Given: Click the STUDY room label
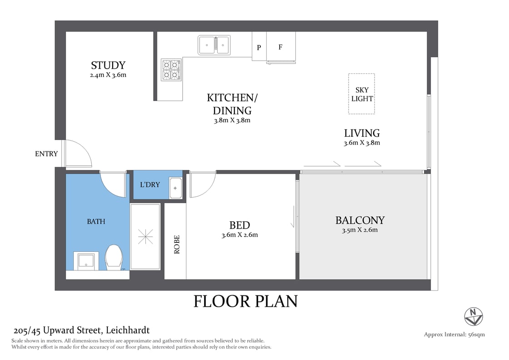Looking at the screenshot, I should click(x=108, y=65).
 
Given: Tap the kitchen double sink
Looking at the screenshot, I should click(x=214, y=45).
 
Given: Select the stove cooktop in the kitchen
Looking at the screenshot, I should click(x=171, y=70).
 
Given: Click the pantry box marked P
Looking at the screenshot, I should click(x=259, y=46).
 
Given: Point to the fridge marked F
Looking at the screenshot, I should click(x=280, y=46).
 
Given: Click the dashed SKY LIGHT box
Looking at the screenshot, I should click(x=362, y=94).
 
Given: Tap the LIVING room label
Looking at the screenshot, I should click(x=362, y=133).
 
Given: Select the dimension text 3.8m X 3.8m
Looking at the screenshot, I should click(x=232, y=120).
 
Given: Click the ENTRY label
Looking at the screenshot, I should click(x=46, y=154).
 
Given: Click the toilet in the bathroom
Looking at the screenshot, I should click(x=113, y=257).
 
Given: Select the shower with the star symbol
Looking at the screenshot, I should click(x=145, y=236).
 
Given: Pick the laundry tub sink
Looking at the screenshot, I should click(x=175, y=188).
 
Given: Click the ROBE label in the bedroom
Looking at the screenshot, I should click(x=176, y=244).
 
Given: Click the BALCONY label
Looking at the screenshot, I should click(x=360, y=220).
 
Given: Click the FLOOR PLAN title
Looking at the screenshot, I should click(x=245, y=301).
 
